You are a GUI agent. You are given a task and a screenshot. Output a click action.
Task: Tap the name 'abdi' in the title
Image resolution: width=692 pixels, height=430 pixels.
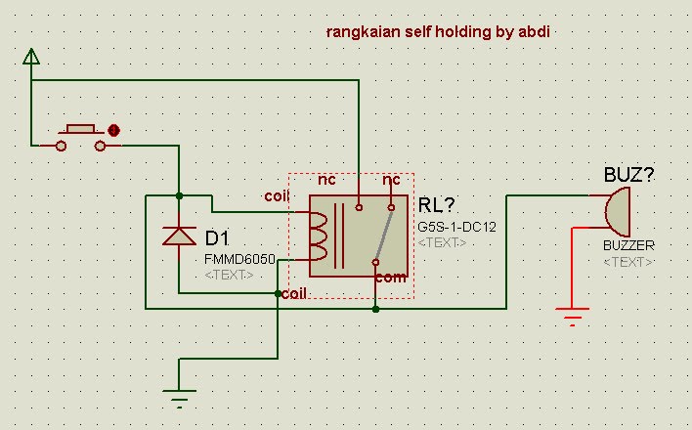click(x=538, y=32)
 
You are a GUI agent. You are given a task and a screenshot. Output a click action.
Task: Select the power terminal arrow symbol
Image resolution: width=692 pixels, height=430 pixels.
click(x=31, y=56)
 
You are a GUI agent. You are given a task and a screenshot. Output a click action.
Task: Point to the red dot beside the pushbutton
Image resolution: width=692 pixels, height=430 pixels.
click(x=114, y=129)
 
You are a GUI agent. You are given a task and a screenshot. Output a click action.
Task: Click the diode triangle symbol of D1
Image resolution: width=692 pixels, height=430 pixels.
click(x=179, y=235)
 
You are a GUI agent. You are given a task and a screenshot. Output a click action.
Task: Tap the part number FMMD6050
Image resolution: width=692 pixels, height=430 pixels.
click(x=239, y=260)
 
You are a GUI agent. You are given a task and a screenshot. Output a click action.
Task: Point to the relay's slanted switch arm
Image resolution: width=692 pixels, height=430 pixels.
click(x=382, y=235)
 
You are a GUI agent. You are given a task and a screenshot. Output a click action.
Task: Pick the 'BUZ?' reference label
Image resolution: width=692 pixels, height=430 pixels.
click(x=628, y=176)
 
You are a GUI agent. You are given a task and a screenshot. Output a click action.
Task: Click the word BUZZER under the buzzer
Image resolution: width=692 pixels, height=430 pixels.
click(x=628, y=245)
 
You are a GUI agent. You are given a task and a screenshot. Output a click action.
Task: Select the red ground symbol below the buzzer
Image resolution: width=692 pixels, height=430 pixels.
click(x=572, y=315)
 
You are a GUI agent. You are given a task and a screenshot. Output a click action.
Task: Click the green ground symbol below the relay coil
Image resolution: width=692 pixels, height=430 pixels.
click(x=178, y=396)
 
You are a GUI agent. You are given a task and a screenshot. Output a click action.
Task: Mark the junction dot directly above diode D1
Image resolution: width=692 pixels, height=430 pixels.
click(x=179, y=194)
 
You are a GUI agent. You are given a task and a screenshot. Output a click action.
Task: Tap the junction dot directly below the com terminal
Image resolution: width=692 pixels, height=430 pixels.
click(x=375, y=309)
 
